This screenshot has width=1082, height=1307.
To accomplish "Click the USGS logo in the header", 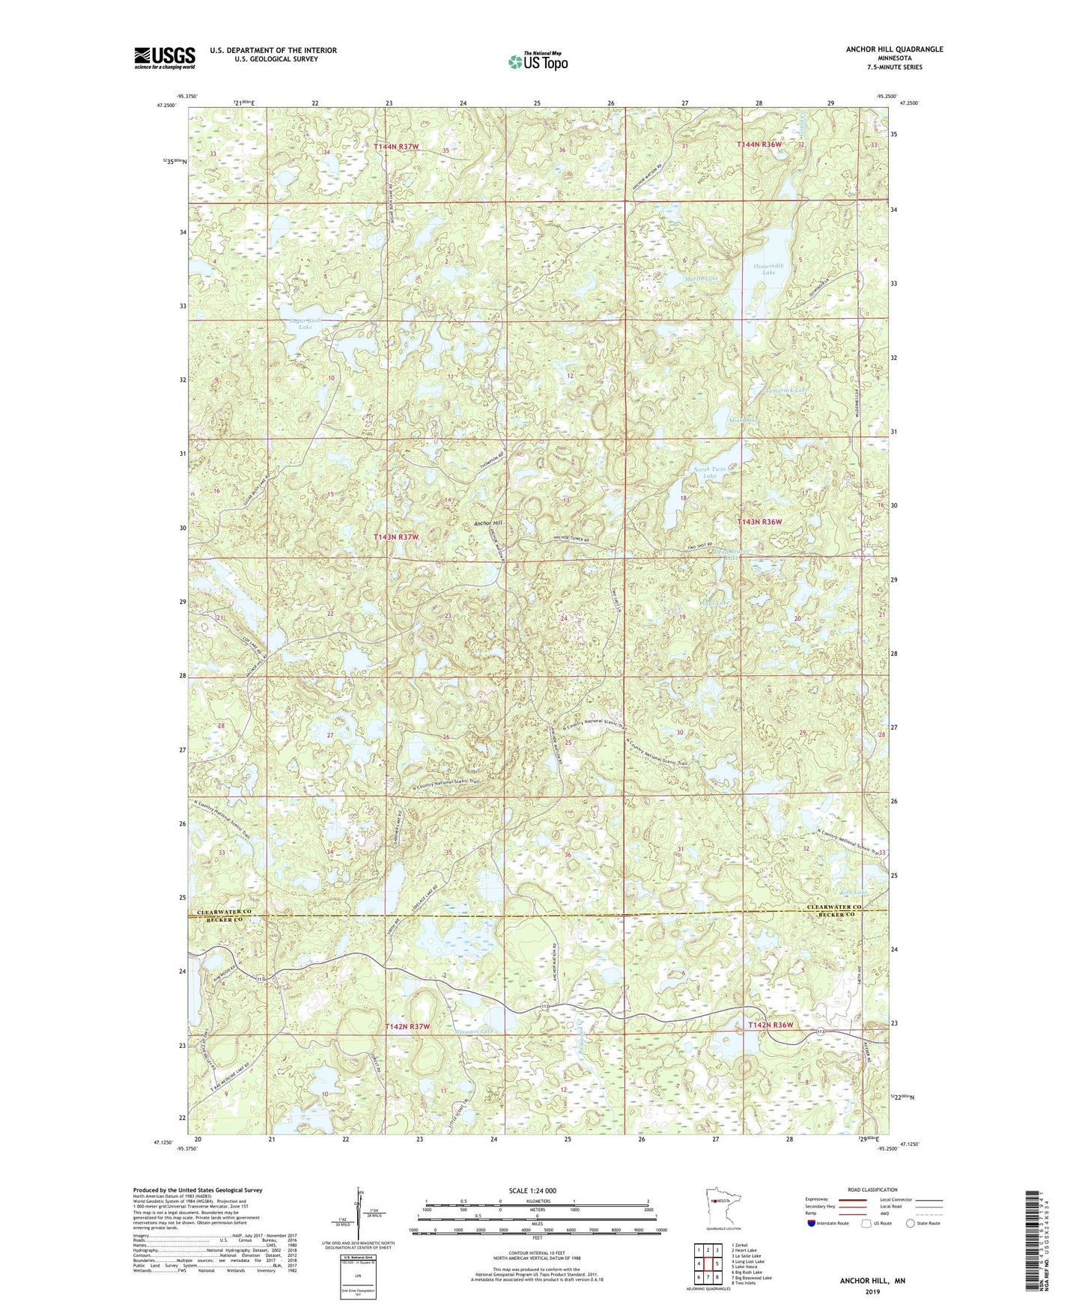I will [x=164, y=58].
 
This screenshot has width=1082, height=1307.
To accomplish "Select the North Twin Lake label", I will [x=709, y=472].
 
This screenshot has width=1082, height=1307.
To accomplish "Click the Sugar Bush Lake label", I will [x=305, y=323].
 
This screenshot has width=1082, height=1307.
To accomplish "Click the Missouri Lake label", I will [x=474, y=1031].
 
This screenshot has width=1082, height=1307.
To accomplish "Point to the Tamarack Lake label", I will [x=787, y=390].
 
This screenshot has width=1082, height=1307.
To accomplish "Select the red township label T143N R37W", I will [x=396, y=537].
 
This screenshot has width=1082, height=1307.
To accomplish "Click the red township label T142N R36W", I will [x=770, y=1025].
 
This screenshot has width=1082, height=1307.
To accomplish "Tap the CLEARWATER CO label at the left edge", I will [x=225, y=912].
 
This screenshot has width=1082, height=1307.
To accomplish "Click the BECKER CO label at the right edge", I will [x=836, y=915].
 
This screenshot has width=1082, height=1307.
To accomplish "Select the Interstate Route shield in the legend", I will [x=812, y=1223].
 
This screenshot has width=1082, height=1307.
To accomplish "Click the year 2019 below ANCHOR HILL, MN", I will [x=872, y=1291].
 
